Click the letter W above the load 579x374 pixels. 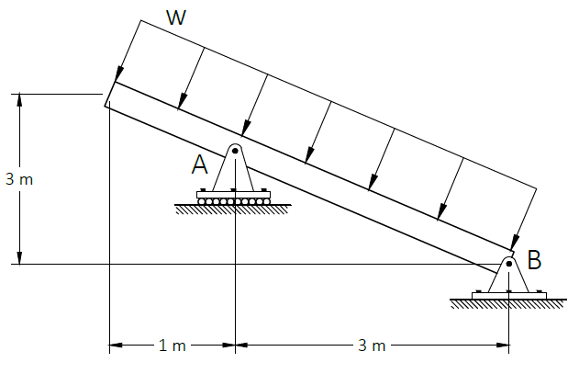click(x=176, y=17)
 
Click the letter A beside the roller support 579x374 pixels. click(x=199, y=164)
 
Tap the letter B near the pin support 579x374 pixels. click(x=534, y=259)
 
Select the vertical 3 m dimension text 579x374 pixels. click(x=19, y=179)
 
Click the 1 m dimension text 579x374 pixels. click(x=173, y=346)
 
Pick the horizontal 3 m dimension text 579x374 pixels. click(x=372, y=346)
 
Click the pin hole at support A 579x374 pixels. click(x=235, y=151)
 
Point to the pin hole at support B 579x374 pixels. click(x=509, y=264)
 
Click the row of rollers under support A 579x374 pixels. click(x=233, y=201)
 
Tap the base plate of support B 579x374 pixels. click(x=509, y=295)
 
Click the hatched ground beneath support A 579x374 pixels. click(x=233, y=210)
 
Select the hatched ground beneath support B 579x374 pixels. click(x=508, y=304)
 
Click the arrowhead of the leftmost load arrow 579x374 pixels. click(x=118, y=74)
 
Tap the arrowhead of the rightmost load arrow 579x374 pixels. click(x=515, y=242)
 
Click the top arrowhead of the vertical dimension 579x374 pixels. click(x=19, y=100)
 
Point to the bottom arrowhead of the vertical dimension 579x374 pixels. click(x=19, y=258)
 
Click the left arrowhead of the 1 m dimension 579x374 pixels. click(x=116, y=346)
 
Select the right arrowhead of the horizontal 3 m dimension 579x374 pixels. click(x=502, y=346)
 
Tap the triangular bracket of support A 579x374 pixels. click(x=233, y=167)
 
